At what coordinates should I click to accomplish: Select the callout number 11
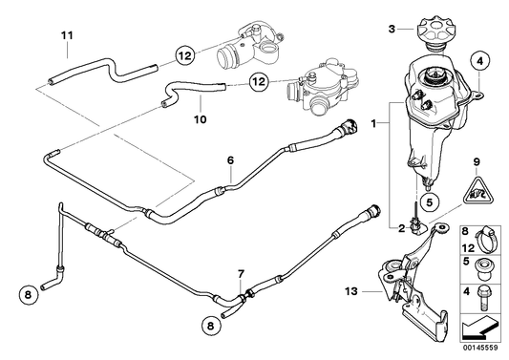66,37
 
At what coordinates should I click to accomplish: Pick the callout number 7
241,274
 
